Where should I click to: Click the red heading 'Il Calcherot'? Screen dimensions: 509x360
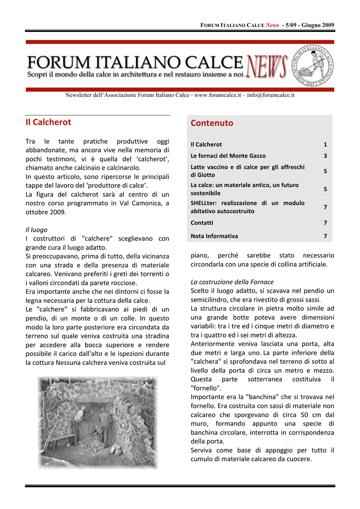tap(48, 122)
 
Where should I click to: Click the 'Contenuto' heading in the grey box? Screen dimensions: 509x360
tap(212, 123)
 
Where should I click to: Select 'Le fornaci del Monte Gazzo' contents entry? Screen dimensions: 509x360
tap(228, 156)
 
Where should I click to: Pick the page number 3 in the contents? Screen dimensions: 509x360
tap(325, 156)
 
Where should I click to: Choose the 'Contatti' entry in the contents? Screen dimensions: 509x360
tap(202, 223)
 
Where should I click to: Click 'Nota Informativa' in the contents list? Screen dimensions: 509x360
tap(214, 236)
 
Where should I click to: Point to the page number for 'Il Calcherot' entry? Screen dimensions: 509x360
tap(325, 144)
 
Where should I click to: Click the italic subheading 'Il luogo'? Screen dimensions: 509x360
tap(36, 230)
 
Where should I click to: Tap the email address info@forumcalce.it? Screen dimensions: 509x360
tap(272, 95)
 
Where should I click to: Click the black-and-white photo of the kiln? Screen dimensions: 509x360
tap(97, 423)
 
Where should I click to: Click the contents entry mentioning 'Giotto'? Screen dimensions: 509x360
tap(247, 171)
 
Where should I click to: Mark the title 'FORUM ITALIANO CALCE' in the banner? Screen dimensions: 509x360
tap(134, 63)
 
